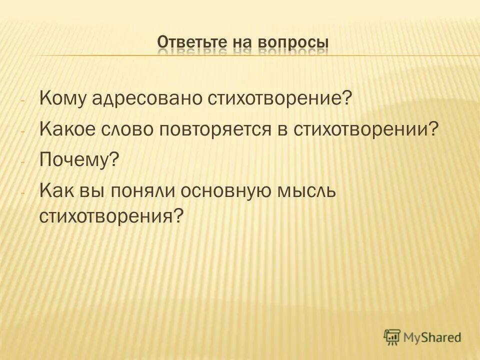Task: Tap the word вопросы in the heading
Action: pyautogui.click(x=293, y=43)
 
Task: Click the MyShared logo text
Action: pyautogui.click(x=433, y=337)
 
